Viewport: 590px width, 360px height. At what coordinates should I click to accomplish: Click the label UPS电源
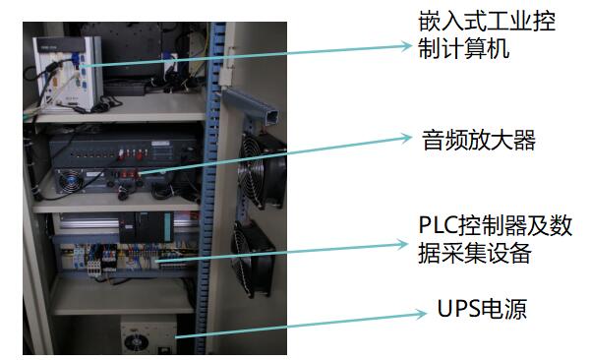pos(481,311)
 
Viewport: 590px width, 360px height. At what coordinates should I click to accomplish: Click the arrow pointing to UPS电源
pos(295,326)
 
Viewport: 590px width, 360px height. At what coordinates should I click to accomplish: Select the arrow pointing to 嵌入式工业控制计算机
pos(246,55)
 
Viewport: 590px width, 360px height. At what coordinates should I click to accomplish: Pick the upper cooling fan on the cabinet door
pos(261,167)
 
